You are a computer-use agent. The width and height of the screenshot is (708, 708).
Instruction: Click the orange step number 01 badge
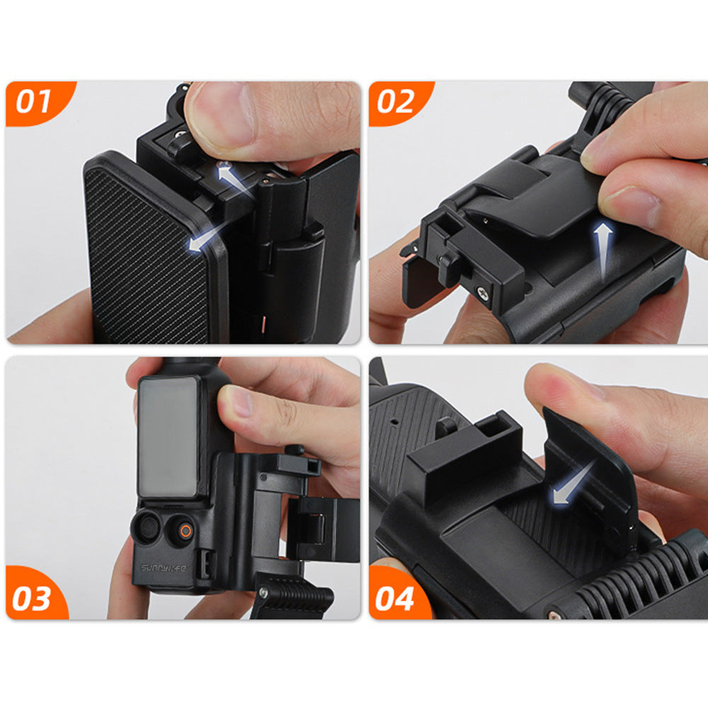tap(35, 101)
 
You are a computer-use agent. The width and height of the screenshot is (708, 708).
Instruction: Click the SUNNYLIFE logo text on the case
tap(162, 567)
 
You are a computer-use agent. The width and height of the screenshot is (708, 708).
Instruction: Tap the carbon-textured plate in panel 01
tap(149, 248)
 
